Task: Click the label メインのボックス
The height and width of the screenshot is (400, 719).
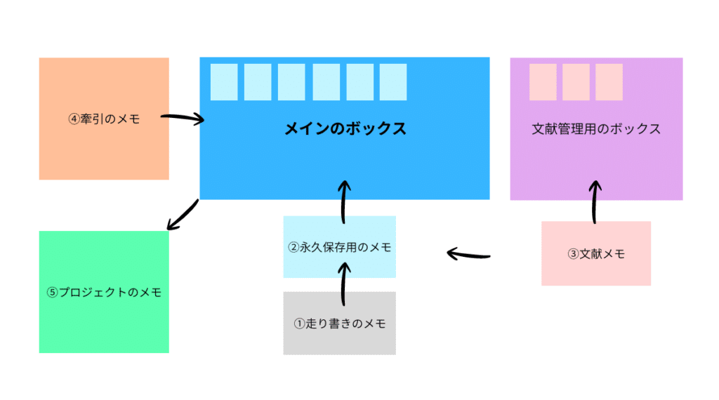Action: (345, 129)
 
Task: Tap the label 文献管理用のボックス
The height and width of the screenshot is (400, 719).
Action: (596, 129)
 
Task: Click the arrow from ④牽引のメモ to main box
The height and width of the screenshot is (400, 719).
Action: (183, 119)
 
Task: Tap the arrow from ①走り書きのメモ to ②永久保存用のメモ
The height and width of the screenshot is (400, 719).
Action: (344, 284)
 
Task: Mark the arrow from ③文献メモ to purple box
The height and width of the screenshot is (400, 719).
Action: (595, 202)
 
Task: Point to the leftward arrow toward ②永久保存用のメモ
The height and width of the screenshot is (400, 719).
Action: (468, 253)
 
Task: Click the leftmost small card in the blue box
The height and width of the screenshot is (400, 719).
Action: (224, 82)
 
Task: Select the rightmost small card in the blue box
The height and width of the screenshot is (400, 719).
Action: (393, 82)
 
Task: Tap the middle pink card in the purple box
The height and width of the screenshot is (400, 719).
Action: (576, 82)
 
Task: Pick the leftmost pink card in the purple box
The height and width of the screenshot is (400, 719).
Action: (543, 82)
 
